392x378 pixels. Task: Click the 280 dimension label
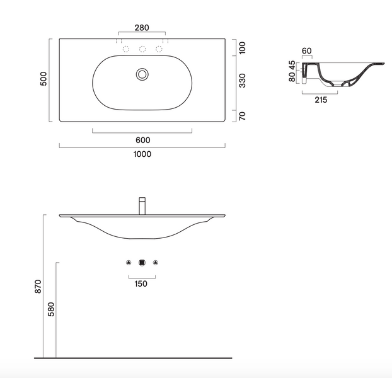coord(142,28)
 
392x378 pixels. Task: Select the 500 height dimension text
coord(43,79)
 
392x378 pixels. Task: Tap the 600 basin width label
coord(143,140)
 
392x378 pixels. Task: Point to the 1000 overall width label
coord(142,154)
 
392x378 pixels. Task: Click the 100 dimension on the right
coord(242,48)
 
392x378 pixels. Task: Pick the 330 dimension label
coord(242,81)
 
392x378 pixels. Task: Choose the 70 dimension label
coord(242,116)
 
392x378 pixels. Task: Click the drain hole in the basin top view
coord(142,74)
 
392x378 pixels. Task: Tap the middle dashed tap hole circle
coord(142,49)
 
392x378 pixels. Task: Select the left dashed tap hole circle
coord(126,49)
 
